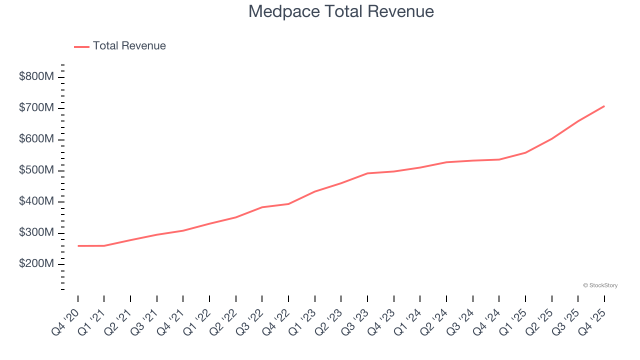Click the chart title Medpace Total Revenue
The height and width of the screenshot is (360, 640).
coord(341,11)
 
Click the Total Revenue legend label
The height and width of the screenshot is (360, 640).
coord(129,46)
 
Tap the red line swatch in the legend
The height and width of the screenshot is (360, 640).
coord(81,46)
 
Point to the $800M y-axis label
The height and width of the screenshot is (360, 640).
coord(36,77)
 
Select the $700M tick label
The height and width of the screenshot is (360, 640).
coord(36,108)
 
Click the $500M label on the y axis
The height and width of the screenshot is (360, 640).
coord(36,170)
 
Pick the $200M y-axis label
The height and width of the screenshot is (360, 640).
coord(36,264)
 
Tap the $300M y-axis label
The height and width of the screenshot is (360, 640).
coord(36,233)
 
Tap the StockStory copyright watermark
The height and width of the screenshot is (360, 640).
coord(600,285)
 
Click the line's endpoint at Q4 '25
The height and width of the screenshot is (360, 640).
coord(604,106)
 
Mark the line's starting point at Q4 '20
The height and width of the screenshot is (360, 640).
coord(78,246)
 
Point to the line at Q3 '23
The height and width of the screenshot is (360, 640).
coord(367,173)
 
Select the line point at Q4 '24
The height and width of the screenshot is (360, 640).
coord(499,159)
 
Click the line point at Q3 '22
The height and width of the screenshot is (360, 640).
coord(262,207)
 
